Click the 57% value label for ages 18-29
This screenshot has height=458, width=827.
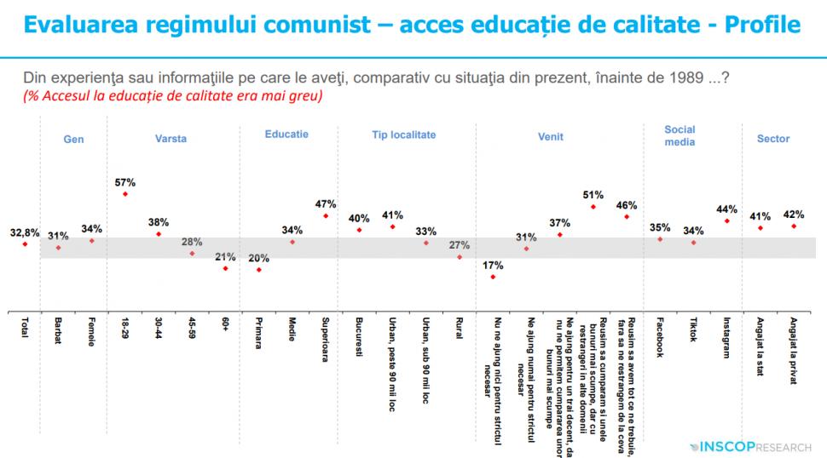point(124,182)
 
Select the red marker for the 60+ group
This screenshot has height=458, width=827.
point(225,268)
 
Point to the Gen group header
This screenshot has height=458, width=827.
point(74,139)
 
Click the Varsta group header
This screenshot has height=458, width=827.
point(171,139)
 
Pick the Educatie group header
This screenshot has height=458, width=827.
point(286,135)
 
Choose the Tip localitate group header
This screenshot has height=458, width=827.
point(403,135)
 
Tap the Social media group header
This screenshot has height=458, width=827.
point(680,135)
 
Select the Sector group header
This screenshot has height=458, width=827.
point(773,139)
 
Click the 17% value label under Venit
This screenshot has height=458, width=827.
point(493,264)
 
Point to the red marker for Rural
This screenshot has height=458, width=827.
point(460,256)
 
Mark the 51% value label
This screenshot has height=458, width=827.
point(593,194)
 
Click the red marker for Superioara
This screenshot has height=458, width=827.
point(326,216)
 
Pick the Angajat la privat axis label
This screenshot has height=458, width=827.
point(794,350)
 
